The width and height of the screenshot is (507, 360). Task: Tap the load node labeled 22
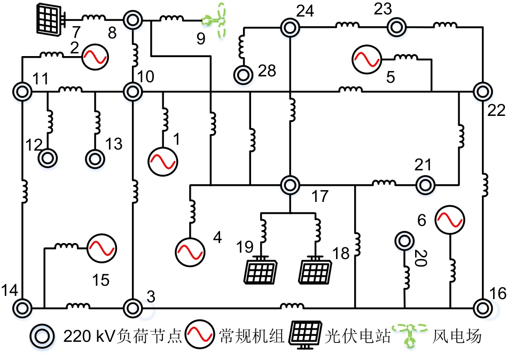(x=482, y=91)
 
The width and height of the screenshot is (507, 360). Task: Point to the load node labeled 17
(x=290, y=185)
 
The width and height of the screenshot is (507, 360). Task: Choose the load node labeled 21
(x=425, y=185)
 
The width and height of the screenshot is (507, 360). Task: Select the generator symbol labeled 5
(x=366, y=58)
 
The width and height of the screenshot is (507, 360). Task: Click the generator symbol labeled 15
(x=102, y=247)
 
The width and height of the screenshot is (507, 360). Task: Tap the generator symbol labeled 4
(x=190, y=249)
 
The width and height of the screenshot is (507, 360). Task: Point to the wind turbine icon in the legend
(x=411, y=335)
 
